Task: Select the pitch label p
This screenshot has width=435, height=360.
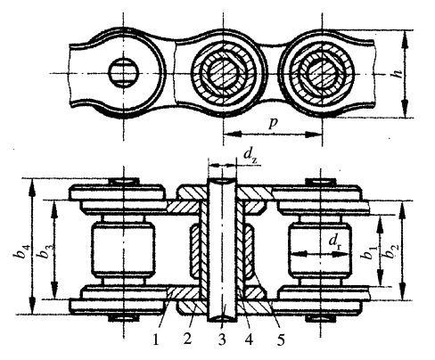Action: (x=273, y=124)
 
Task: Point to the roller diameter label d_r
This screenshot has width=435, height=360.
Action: (x=335, y=242)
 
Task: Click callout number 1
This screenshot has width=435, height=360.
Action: (x=156, y=340)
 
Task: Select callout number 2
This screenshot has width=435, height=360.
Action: (x=187, y=339)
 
